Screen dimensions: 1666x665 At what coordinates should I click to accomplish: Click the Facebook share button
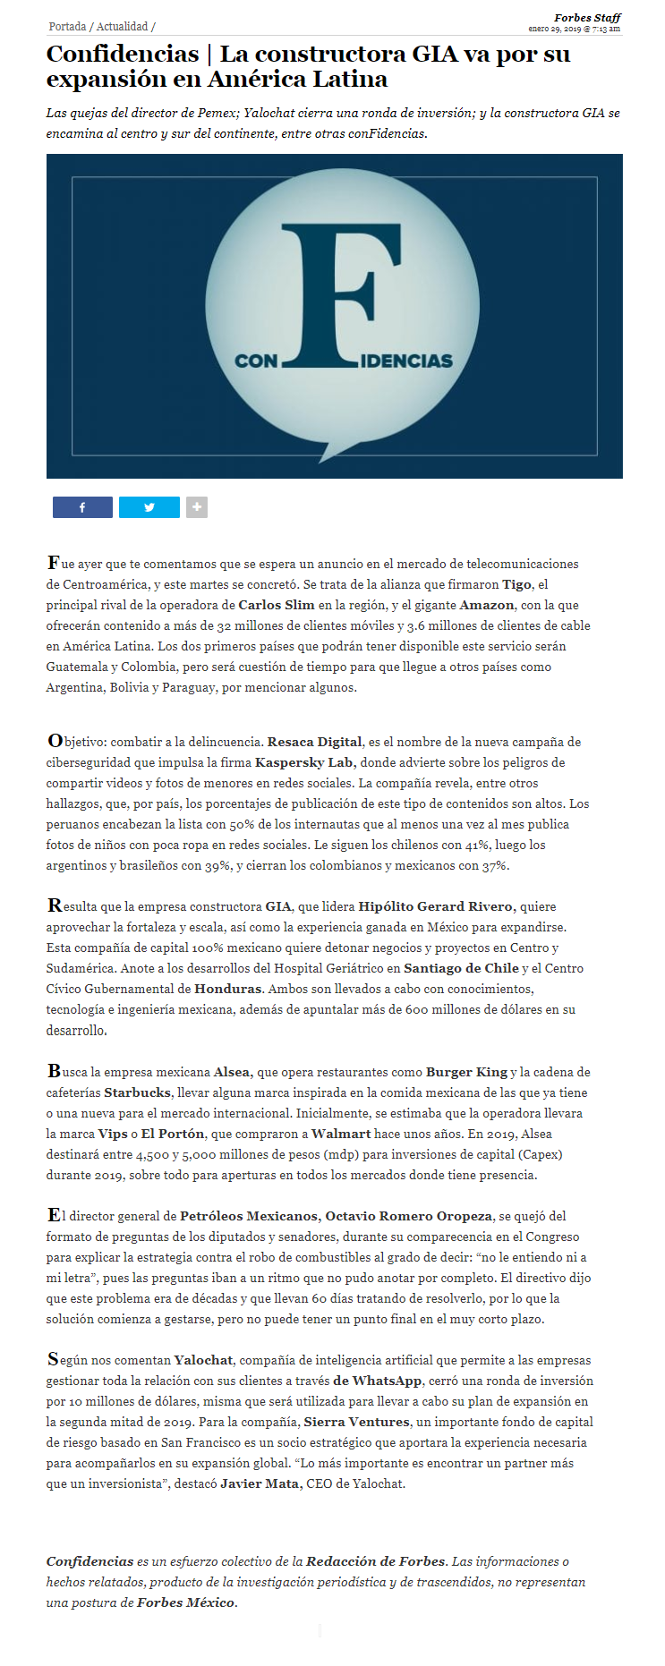82,507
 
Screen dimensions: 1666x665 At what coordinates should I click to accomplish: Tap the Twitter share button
149,507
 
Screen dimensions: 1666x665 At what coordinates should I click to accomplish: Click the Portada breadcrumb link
67,27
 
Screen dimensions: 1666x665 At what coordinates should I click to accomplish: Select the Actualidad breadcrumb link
122,27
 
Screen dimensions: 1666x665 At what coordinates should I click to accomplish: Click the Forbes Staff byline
587,18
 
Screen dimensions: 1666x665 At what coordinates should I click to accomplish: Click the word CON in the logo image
256,361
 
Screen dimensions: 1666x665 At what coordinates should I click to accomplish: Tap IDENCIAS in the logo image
406,361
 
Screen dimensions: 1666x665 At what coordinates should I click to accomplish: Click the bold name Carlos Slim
277,605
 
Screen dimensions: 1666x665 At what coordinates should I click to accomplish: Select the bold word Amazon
487,605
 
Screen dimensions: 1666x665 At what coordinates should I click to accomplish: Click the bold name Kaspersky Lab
305,762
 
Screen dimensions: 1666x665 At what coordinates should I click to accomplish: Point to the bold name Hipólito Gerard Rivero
436,906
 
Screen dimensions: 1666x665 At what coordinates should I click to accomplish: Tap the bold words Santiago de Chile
461,968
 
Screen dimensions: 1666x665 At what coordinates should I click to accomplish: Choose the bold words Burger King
466,1072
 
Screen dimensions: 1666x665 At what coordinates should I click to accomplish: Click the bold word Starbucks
137,1092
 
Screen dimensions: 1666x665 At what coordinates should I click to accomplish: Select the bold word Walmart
341,1134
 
